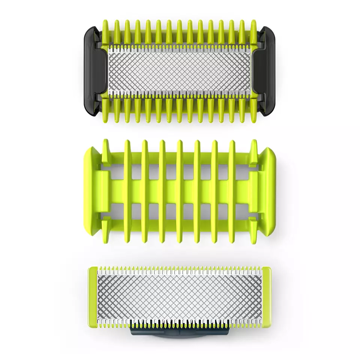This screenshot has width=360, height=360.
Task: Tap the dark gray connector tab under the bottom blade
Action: [180, 331]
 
